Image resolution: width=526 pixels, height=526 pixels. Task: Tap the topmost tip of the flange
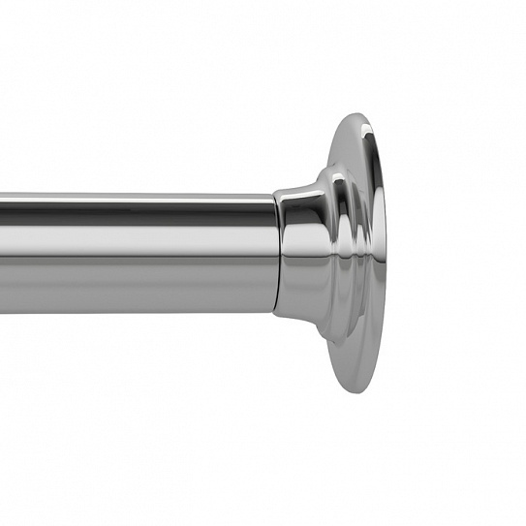(359, 114)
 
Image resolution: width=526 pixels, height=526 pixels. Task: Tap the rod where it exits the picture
(3, 254)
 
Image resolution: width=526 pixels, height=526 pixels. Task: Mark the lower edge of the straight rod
(136, 311)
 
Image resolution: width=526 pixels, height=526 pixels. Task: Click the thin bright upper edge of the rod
(136, 197)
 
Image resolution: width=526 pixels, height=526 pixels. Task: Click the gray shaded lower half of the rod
(136, 286)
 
